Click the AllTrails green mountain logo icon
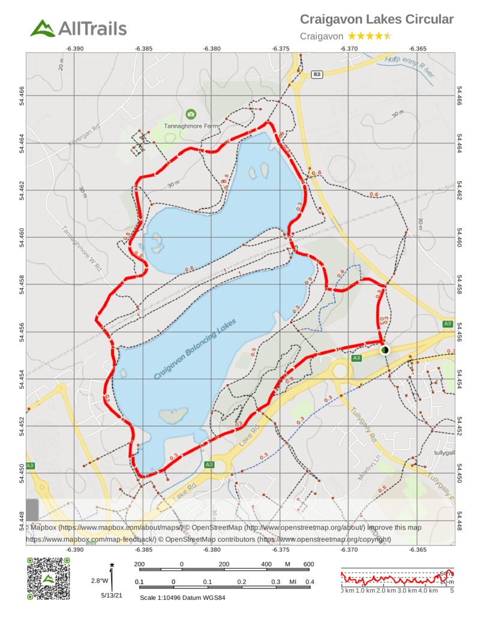point(43,28)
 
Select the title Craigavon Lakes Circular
point(376,20)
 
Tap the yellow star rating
point(370,36)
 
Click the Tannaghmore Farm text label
point(191,126)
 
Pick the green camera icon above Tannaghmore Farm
point(191,114)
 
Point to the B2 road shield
point(317,74)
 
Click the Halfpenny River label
point(409,64)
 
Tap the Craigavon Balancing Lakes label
point(195,349)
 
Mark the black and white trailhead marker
point(385,349)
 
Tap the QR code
point(48,578)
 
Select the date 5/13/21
point(111,596)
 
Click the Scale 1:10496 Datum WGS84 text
point(182,598)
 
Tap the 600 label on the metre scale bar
point(308,564)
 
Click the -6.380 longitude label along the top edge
point(212,47)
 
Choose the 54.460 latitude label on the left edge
point(22,236)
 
